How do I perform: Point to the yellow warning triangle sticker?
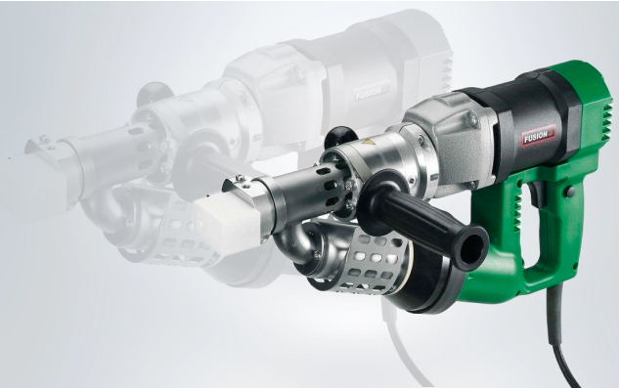[x=367, y=142]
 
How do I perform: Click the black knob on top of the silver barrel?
[x=339, y=137]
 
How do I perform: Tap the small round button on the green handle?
[x=570, y=192]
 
